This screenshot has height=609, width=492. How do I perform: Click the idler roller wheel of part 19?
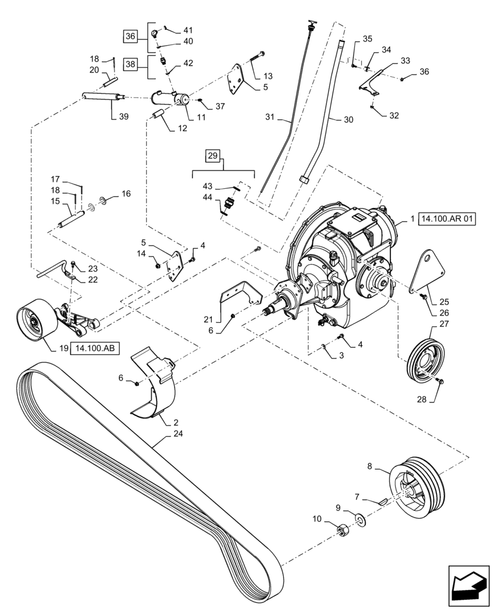pyautogui.click(x=33, y=320)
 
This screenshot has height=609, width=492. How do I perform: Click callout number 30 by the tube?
pyautogui.click(x=348, y=120)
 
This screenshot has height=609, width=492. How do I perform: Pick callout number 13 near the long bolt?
pyautogui.click(x=268, y=76)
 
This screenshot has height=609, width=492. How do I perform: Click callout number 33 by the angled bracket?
pyautogui.click(x=405, y=60)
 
